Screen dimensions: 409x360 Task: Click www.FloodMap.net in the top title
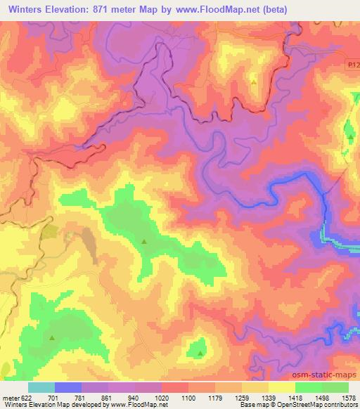[x=238, y=9]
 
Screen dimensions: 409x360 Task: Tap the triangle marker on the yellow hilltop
[x=254, y=82]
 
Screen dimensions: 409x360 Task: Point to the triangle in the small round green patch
[x=200, y=353]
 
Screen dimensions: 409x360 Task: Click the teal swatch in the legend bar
[x=41, y=387]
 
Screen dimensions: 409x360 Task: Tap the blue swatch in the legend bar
[x=69, y=387]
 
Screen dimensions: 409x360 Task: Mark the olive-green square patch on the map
[x=50, y=232]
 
